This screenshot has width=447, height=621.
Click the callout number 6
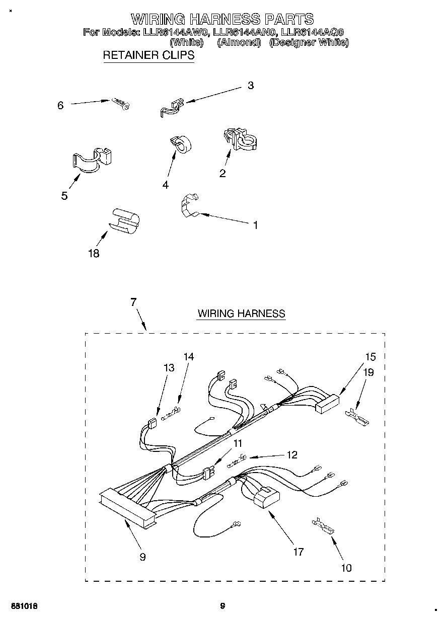coord(60,105)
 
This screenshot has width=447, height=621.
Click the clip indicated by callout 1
coord(189,206)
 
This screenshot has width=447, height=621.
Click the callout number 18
coord(93,253)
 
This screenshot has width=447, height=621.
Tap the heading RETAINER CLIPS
coord(148,55)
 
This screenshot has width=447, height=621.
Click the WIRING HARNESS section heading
coord(241,314)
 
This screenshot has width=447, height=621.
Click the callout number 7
coord(133,302)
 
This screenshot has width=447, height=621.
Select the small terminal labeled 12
coord(236,457)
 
